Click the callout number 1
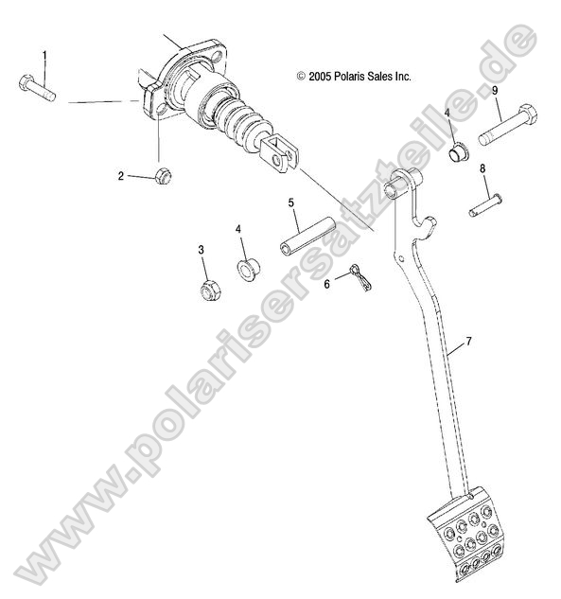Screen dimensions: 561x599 pos(44,56)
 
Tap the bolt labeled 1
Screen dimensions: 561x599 pos(37,88)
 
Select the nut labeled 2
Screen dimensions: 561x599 pos(164,176)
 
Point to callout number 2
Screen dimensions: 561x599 pos(121,176)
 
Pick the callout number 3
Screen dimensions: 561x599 pos(201,250)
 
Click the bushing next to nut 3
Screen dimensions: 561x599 pos(249,270)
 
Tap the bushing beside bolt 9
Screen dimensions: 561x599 pos(459,151)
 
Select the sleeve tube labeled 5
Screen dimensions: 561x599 pos(307,236)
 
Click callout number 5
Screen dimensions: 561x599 pos(291,203)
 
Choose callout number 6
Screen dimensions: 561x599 pos(327,284)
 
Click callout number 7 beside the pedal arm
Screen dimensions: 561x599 pos(468,342)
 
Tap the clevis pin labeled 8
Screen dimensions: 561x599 pos(485,205)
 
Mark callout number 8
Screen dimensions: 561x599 pos(482,168)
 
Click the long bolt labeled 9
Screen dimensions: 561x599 pos(508,124)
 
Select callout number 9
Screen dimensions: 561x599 pos(495,91)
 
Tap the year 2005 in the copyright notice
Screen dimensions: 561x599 pos(320,77)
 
